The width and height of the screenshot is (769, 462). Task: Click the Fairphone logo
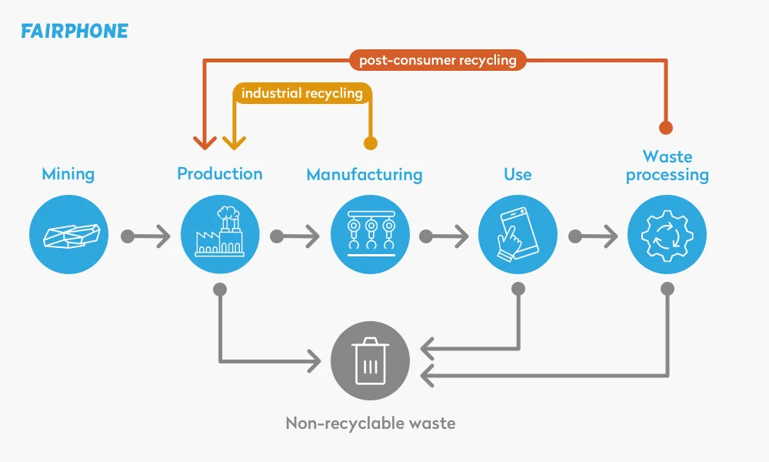[x=75, y=32]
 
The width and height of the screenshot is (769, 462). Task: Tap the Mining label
[x=68, y=173]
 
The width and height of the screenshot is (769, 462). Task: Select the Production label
[x=220, y=173]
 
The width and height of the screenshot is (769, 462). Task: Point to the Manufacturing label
[x=365, y=175]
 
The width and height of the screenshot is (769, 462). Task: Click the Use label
[x=518, y=174]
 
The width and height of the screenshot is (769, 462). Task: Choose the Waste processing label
[x=667, y=166]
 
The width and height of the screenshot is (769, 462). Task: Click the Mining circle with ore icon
[x=69, y=234]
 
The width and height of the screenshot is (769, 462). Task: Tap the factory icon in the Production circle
[x=220, y=234]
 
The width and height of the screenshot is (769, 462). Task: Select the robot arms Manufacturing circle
[x=370, y=234]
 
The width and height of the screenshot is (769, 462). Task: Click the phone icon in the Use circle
[x=518, y=234]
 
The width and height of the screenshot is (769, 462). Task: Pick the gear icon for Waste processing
[x=667, y=234]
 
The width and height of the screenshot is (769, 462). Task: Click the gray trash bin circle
[x=370, y=360]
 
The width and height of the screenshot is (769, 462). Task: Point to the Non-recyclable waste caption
[x=370, y=423]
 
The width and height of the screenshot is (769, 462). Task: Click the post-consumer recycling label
[x=438, y=59]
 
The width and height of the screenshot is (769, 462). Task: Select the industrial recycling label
[x=302, y=93]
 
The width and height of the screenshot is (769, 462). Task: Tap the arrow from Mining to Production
[x=146, y=236]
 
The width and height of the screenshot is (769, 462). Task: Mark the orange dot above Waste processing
[x=667, y=127]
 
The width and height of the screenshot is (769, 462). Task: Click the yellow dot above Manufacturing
[x=371, y=142]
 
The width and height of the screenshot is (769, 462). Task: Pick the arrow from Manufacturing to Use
[x=446, y=236]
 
